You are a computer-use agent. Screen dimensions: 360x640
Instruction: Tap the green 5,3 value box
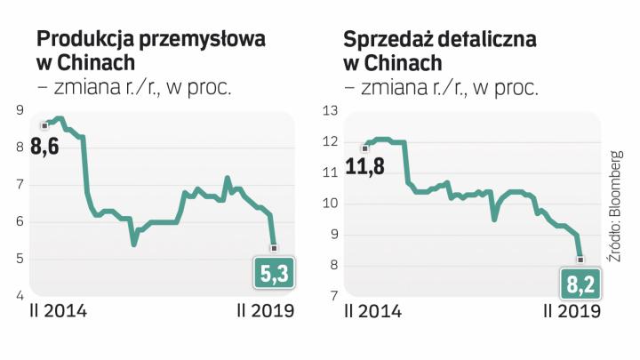(x=274, y=277)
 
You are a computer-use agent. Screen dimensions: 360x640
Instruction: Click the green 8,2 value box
(x=581, y=284)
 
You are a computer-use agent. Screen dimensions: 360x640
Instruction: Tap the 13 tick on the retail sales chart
(x=331, y=110)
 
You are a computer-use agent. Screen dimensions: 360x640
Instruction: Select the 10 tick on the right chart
(x=331, y=203)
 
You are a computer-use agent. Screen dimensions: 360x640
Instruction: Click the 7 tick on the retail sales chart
(x=332, y=295)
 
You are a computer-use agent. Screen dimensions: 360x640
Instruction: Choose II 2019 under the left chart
(x=265, y=312)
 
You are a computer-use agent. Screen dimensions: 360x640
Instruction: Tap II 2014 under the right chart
(x=374, y=312)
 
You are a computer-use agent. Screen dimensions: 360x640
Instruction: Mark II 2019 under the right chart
(x=572, y=312)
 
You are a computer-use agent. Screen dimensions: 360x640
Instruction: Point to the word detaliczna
(x=489, y=41)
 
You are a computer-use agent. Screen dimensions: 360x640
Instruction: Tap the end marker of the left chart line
(x=274, y=247)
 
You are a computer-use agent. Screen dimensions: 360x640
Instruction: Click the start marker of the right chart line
(x=364, y=148)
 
